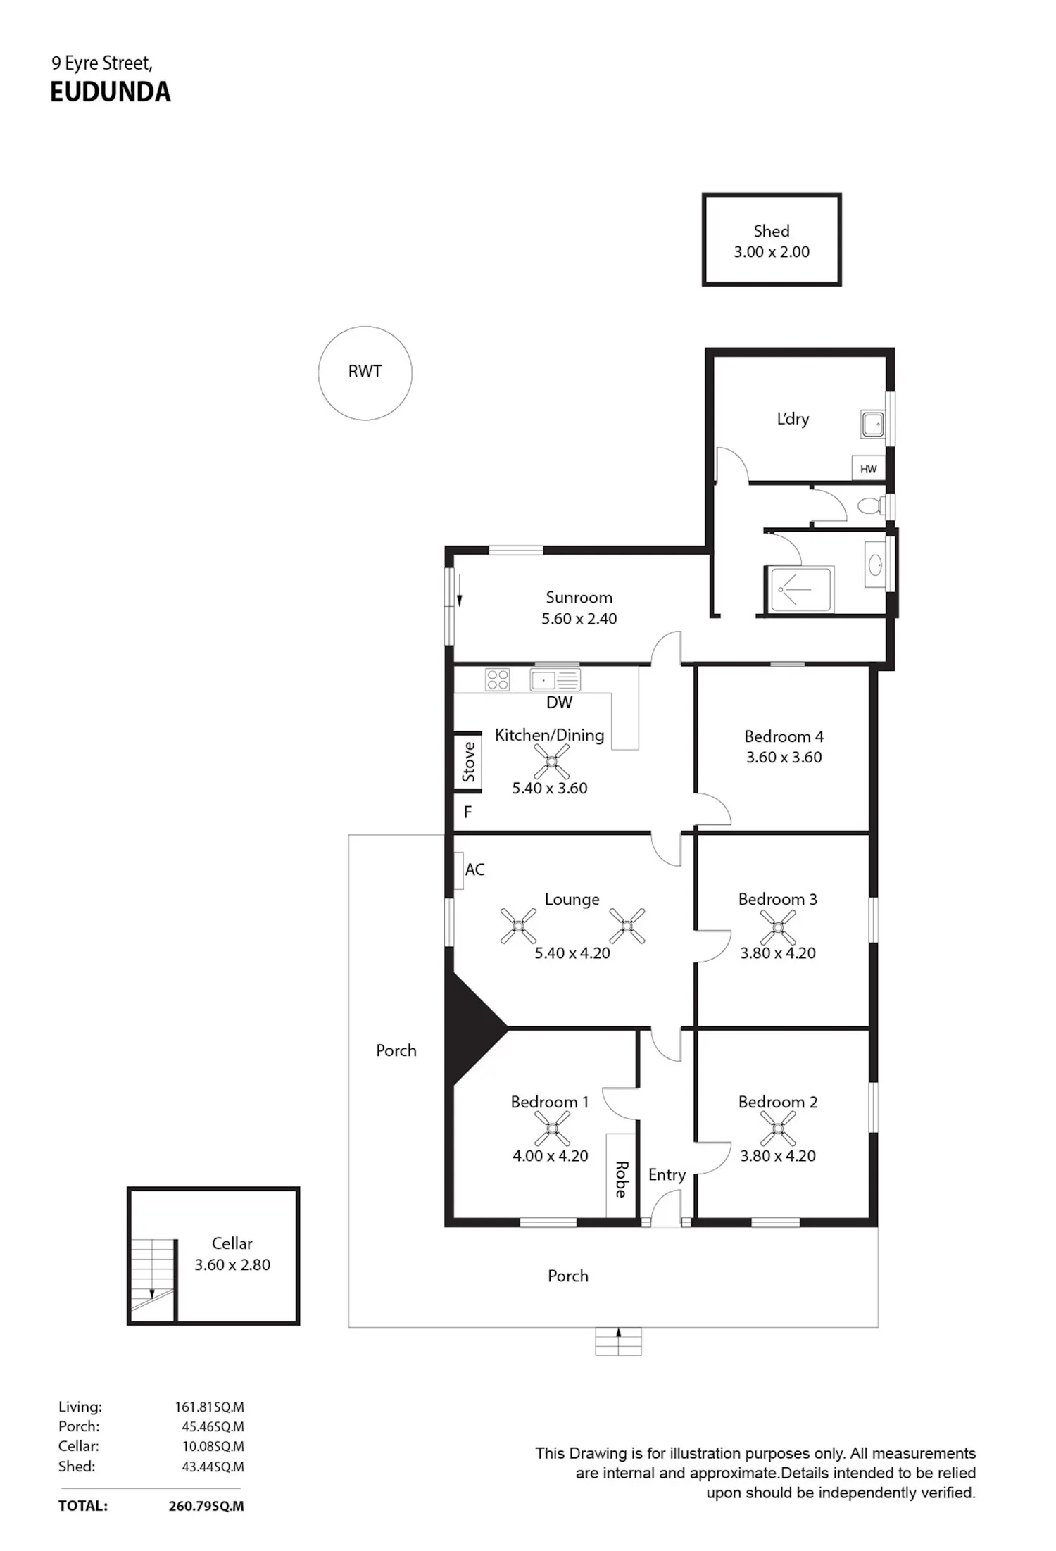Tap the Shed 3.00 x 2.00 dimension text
772,252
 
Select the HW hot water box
868,469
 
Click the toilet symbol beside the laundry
872,506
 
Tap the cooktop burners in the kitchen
498,679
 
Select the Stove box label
468,762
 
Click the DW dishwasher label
559,703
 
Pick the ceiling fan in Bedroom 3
778,927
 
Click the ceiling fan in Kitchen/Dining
551,762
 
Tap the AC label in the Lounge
474,869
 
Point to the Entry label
667,1175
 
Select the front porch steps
618,1341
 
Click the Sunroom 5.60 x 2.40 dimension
579,619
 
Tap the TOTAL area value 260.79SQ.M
206,1507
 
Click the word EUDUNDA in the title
111,92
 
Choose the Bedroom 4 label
784,736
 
